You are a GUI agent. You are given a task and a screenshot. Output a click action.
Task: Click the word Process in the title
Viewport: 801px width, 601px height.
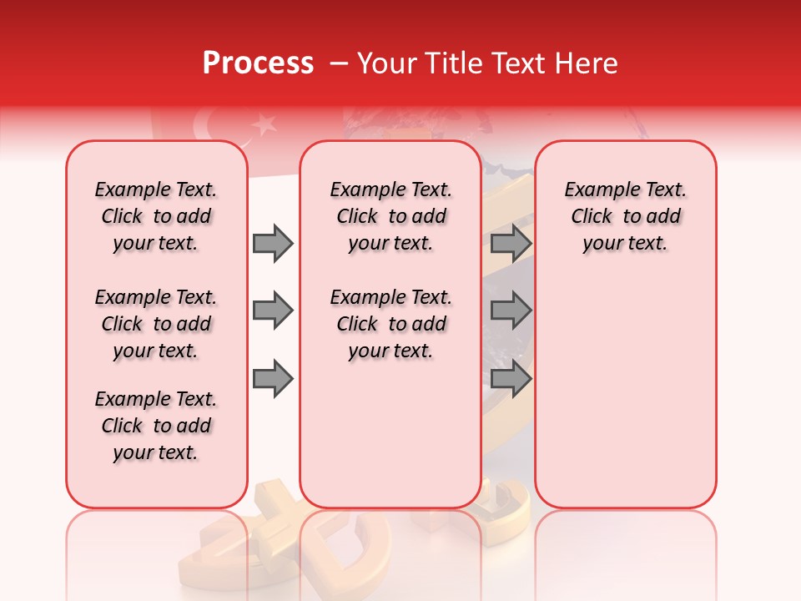pyautogui.click(x=258, y=63)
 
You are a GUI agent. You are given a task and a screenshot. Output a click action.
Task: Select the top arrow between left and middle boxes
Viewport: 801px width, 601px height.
pyautogui.click(x=273, y=243)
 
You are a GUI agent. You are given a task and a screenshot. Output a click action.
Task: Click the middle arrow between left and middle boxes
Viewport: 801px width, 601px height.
pyautogui.click(x=273, y=311)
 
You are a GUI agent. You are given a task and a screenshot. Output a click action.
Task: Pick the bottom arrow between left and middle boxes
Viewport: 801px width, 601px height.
pyautogui.click(x=273, y=379)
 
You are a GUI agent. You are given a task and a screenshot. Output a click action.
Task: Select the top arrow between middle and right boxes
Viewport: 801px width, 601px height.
pyautogui.click(x=511, y=243)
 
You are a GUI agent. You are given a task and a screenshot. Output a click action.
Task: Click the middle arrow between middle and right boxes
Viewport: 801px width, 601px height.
pyautogui.click(x=511, y=311)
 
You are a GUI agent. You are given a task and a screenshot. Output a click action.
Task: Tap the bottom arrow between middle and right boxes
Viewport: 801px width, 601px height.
pyautogui.click(x=511, y=379)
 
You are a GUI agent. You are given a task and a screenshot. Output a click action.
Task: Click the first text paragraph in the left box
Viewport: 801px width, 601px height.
pyautogui.click(x=156, y=216)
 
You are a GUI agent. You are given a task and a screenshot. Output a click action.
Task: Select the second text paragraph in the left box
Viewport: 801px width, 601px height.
pyautogui.click(x=156, y=324)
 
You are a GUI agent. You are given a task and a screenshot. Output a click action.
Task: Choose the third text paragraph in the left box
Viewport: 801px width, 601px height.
pyautogui.click(x=156, y=426)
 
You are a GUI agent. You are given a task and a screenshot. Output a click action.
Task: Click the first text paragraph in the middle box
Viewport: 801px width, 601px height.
pyautogui.click(x=390, y=216)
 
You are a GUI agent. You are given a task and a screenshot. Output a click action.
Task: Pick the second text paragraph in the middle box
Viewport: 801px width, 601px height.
pyautogui.click(x=390, y=324)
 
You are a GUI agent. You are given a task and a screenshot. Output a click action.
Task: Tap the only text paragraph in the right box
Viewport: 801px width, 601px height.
pyautogui.click(x=625, y=216)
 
